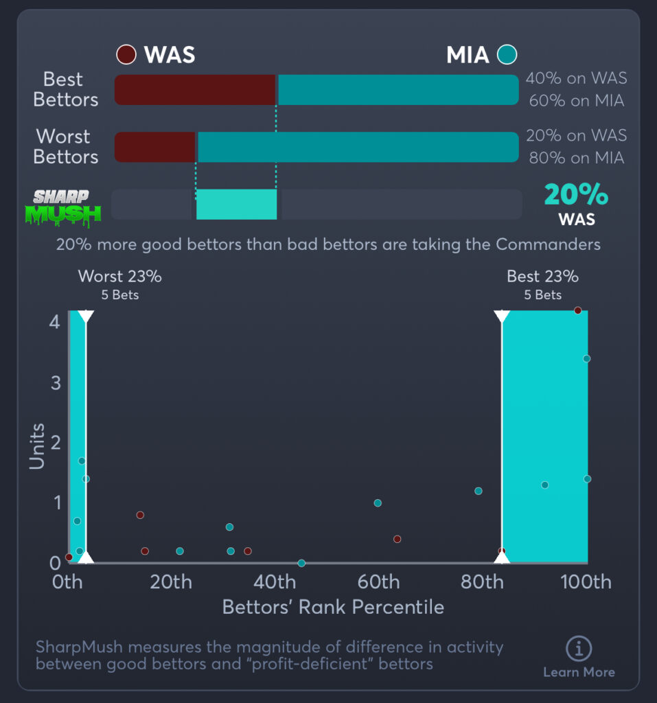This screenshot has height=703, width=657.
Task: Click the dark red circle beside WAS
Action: tap(126, 54)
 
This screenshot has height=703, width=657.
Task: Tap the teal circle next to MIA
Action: tap(507, 54)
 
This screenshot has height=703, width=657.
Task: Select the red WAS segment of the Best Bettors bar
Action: tap(195, 90)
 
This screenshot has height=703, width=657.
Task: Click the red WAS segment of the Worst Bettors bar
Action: tap(155, 147)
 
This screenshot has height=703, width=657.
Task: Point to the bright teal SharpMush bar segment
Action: tap(236, 205)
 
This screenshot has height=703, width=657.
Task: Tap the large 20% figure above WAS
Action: tap(576, 195)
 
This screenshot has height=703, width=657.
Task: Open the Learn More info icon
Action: tap(579, 648)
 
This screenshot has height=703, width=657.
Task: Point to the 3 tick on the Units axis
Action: tap(56, 382)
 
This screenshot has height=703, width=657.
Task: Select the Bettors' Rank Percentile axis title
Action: tap(333, 608)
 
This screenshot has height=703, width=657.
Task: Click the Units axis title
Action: tap(37, 446)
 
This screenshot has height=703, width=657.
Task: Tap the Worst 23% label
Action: tap(120, 277)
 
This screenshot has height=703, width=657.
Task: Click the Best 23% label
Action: tap(542, 277)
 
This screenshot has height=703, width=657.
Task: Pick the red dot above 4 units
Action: tap(577, 310)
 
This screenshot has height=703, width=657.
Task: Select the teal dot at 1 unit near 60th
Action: tap(378, 503)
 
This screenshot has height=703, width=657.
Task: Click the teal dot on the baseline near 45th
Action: tap(301, 563)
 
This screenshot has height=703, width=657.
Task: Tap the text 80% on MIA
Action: tap(576, 158)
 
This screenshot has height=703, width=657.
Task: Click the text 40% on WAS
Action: tap(576, 78)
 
